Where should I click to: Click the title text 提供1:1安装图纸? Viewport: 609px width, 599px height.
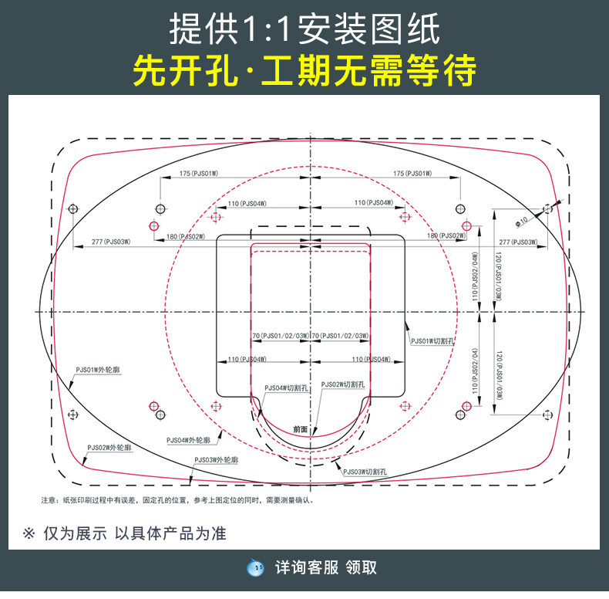[x=304, y=29]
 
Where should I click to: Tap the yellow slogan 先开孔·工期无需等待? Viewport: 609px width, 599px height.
[x=304, y=72]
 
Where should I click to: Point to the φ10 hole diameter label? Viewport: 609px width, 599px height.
[x=522, y=220]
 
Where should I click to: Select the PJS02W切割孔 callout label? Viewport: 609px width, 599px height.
[x=343, y=384]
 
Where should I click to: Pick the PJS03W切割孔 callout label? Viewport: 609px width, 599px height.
[x=365, y=471]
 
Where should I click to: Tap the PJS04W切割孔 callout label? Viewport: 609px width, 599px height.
[x=286, y=388]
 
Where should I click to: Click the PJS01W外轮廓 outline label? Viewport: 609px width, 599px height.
[x=98, y=371]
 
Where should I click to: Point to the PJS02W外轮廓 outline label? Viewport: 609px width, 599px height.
[x=109, y=447]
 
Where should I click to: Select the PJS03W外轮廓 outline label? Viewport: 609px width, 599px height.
[x=216, y=460]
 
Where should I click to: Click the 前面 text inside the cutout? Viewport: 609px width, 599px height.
[x=301, y=428]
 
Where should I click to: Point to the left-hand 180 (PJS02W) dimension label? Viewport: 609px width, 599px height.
[x=185, y=235]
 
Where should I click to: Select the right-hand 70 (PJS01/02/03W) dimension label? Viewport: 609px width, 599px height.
[x=340, y=336]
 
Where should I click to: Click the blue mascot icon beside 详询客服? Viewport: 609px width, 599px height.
[x=255, y=567]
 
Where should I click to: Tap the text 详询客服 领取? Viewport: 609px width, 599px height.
[x=326, y=567]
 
